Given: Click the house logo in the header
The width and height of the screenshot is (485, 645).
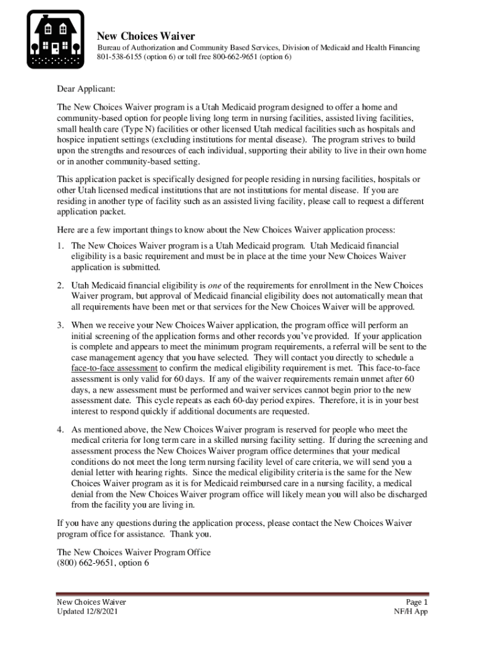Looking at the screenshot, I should (55, 39).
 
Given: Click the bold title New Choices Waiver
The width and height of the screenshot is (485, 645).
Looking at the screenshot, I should (145, 36).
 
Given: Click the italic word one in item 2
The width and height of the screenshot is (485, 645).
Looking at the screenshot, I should (217, 285).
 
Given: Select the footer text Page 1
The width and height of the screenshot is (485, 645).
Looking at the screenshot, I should (417, 602).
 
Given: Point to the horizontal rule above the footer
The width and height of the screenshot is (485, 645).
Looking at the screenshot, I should (243, 593).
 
